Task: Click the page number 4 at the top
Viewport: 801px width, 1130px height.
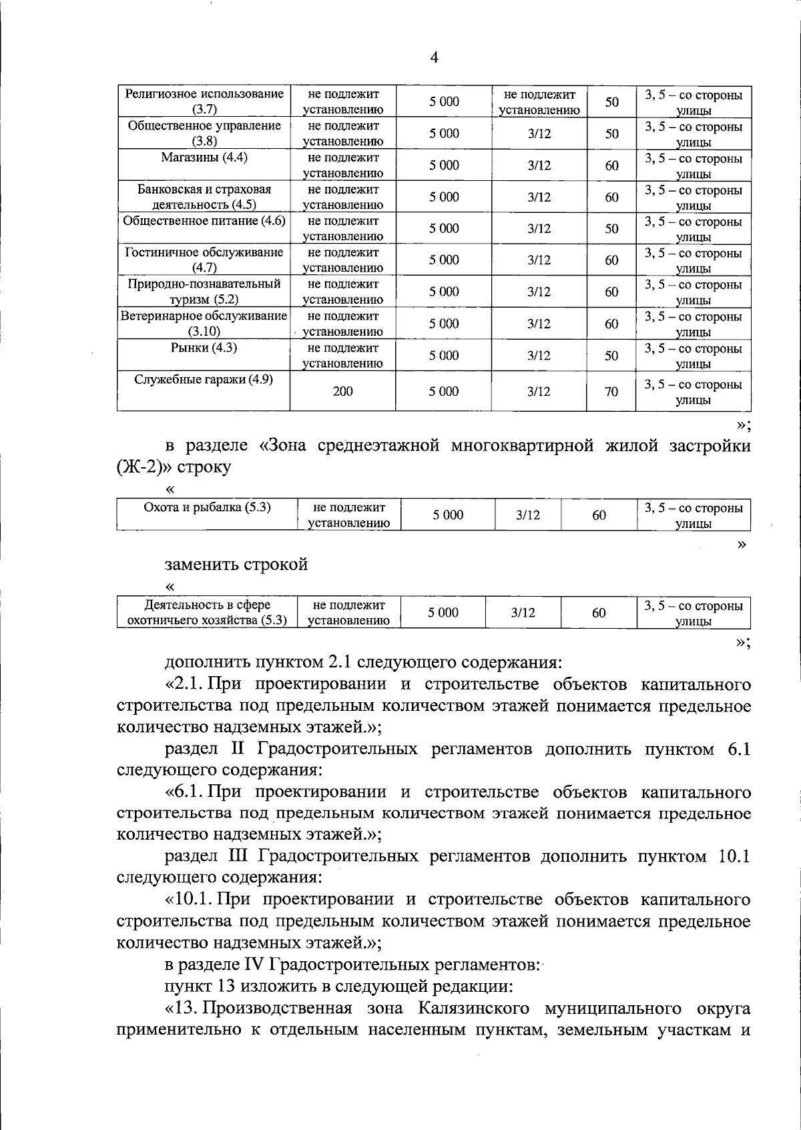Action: coord(434,58)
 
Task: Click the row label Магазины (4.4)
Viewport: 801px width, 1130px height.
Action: coord(204,158)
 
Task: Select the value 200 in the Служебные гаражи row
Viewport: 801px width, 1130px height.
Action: coord(342,391)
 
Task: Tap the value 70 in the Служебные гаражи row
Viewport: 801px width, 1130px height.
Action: coord(611,392)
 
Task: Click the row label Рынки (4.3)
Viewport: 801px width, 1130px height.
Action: coord(204,348)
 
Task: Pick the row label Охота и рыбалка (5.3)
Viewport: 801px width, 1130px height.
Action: coord(207,507)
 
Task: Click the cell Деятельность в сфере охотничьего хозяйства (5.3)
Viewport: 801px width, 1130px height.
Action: coord(207,612)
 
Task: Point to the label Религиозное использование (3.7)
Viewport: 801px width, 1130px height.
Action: coord(204,101)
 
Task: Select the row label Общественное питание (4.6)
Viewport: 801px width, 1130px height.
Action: coord(204,221)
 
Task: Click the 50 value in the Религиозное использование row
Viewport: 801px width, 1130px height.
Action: coord(611,101)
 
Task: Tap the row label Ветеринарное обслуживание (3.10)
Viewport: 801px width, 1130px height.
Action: coord(204,323)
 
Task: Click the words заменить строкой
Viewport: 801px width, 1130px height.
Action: coord(236,564)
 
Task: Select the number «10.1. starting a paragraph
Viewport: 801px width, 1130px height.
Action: coord(189,899)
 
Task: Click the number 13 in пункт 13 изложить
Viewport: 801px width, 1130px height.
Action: coord(227,986)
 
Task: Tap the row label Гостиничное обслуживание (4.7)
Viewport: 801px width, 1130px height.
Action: coord(204,260)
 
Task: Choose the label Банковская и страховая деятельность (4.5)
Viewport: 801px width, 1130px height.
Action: coord(204,197)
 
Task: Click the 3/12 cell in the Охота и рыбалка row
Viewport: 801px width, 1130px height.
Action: coord(527,515)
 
